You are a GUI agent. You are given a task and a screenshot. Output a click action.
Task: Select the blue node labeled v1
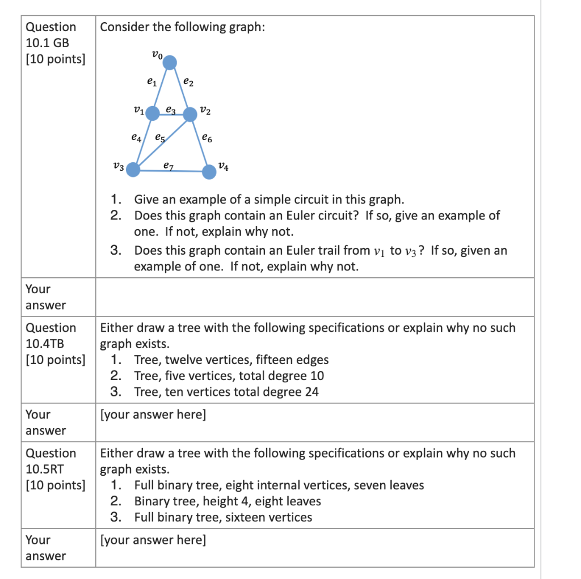pyautogui.click(x=153, y=113)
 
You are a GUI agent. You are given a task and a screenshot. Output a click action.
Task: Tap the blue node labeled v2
pyautogui.click(x=190, y=115)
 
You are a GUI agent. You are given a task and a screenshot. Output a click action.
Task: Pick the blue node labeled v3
pyautogui.click(x=133, y=169)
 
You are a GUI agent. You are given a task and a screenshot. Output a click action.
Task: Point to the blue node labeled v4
pyautogui.click(x=209, y=171)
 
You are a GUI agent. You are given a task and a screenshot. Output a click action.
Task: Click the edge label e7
pyautogui.click(x=168, y=166)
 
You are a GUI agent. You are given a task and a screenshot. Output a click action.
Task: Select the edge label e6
pyautogui.click(x=207, y=138)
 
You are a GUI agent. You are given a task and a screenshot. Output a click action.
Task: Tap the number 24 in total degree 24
pyautogui.click(x=311, y=392)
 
